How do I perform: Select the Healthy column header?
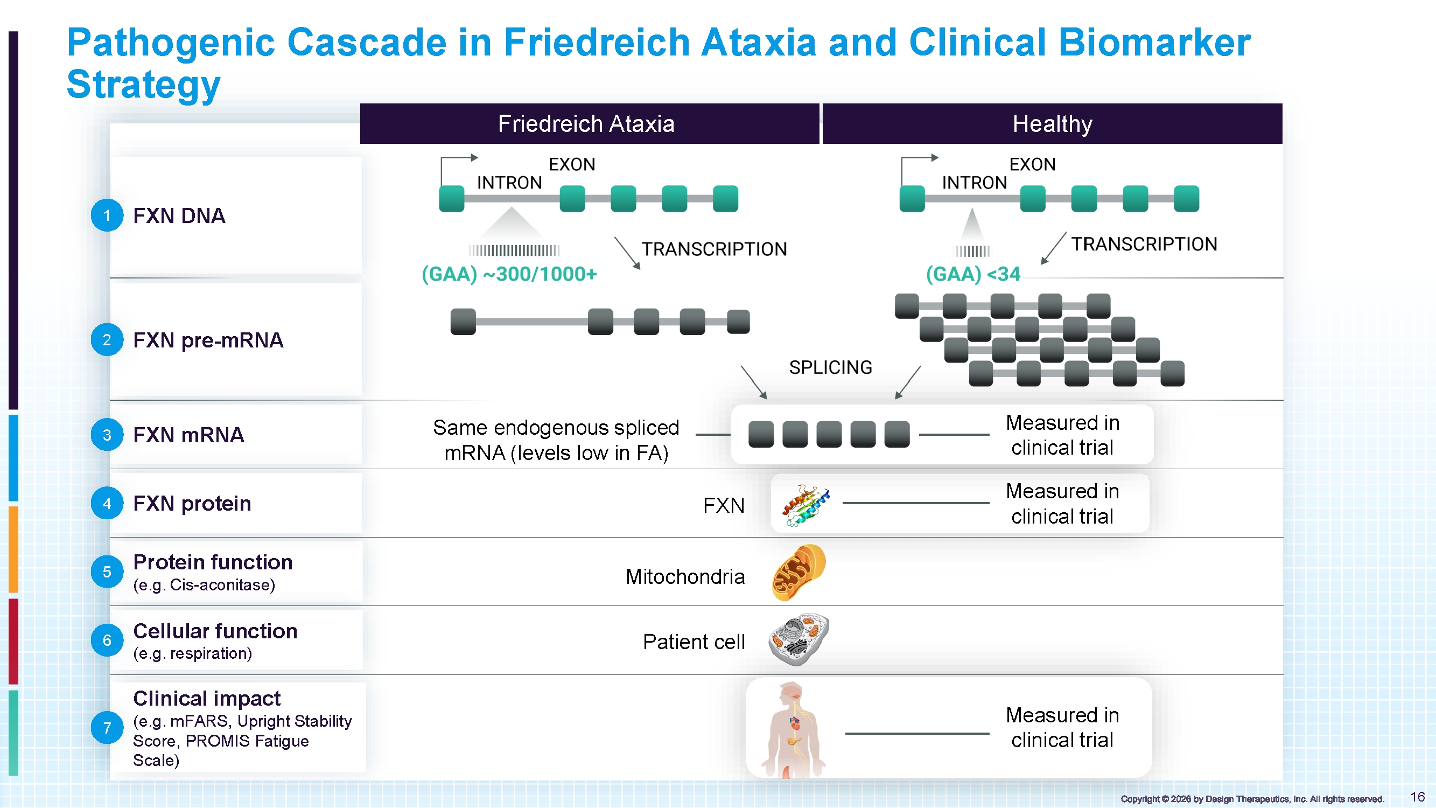coord(1053,123)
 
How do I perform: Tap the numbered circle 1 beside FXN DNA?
coord(107,215)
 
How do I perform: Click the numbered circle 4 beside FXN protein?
coord(107,503)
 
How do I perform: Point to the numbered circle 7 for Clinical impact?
coord(107,727)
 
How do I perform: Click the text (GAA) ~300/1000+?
coord(509,274)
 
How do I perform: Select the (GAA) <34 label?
coord(973,274)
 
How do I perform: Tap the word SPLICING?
coord(831,367)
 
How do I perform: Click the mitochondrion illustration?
coord(799,573)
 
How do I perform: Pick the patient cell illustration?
coord(799,639)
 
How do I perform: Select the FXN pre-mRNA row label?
coord(208,340)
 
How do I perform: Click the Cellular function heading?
coord(215,631)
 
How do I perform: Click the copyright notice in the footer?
coord(1252,799)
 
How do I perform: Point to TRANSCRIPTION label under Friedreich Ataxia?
coord(714,249)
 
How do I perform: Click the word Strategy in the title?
coord(144,84)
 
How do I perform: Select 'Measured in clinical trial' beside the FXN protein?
coord(1062,504)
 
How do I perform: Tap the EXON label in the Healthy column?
coord(1032,164)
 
